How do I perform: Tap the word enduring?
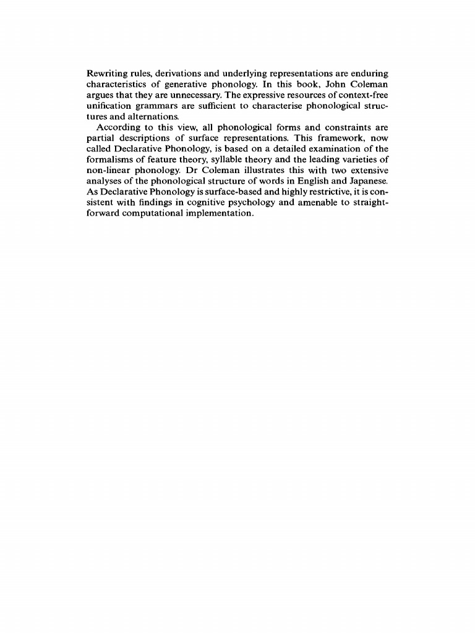point(369,74)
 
